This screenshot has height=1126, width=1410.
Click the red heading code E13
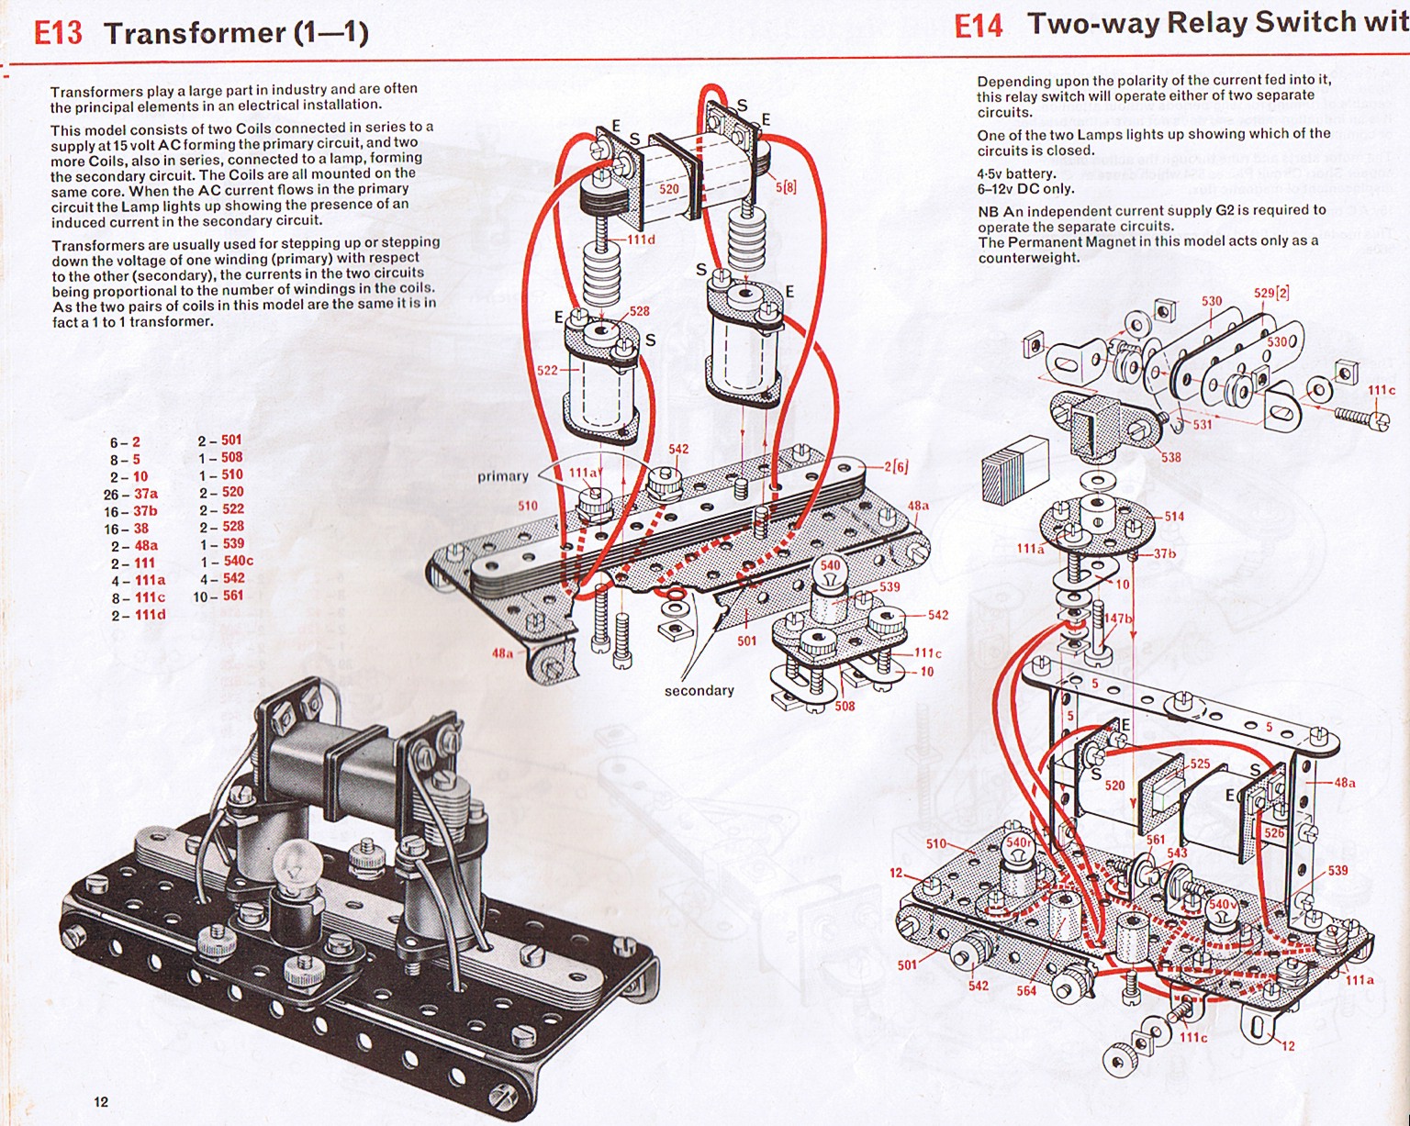pyautogui.click(x=58, y=33)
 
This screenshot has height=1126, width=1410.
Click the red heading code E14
pyautogui.click(x=979, y=26)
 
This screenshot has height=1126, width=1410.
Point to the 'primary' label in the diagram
pyautogui.click(x=503, y=476)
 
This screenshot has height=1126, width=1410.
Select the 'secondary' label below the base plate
pyautogui.click(x=699, y=690)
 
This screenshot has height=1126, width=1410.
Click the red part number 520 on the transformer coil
pyautogui.click(x=669, y=189)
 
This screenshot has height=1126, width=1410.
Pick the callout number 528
pyautogui.click(x=639, y=312)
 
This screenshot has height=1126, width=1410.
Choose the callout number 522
pyautogui.click(x=547, y=371)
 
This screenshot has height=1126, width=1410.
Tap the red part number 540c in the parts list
pyautogui.click(x=237, y=561)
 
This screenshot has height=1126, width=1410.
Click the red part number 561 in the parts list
pyautogui.click(x=233, y=596)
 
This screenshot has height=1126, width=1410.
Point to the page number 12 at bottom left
pyautogui.click(x=101, y=1101)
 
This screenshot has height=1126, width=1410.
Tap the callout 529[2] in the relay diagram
pyautogui.click(x=1272, y=293)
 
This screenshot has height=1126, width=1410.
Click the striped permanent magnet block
pyautogui.click(x=1015, y=468)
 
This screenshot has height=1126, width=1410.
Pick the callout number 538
pyautogui.click(x=1170, y=457)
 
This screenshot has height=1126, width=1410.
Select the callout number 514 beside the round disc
pyautogui.click(x=1174, y=517)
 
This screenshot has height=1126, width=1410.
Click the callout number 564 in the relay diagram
pyautogui.click(x=1026, y=990)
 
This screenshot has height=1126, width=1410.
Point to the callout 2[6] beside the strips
pyautogui.click(x=896, y=467)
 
